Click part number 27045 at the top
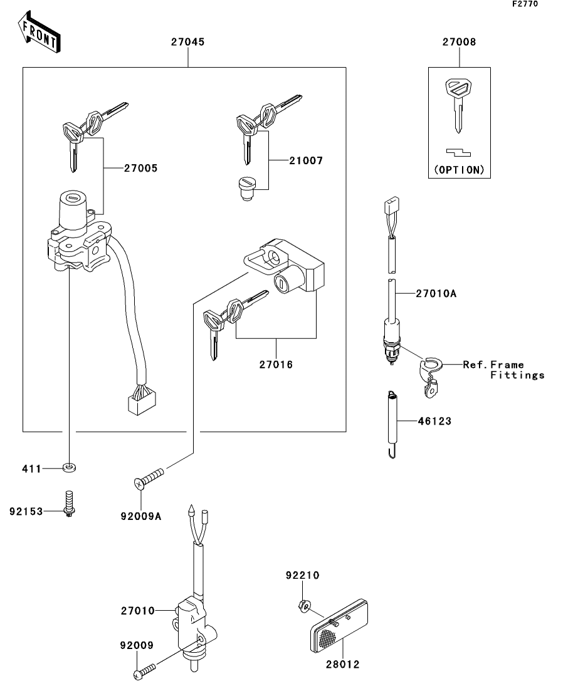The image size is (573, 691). point(187,43)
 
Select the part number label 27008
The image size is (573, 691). point(459,43)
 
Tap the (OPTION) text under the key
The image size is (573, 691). point(459,170)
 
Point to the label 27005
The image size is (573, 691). point(140,168)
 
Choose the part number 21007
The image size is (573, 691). point(306,160)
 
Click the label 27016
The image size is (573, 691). point(276,363)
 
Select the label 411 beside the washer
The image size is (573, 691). point(32,468)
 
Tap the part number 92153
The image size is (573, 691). point(26,511)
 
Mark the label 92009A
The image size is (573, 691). point(141,517)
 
